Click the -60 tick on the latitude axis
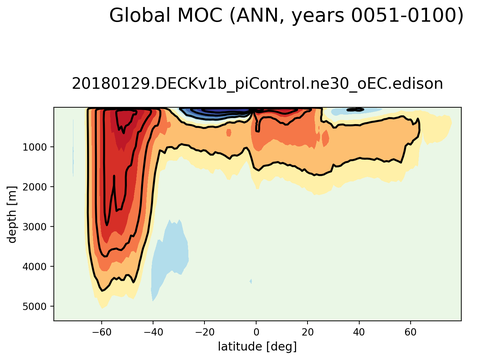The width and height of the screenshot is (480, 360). pyautogui.click(x=100, y=331)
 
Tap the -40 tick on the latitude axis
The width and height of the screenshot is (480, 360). pyautogui.click(x=152, y=331)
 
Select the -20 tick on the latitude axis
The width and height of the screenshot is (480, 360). pyautogui.click(x=204, y=331)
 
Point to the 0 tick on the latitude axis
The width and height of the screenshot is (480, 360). pyautogui.click(x=256, y=331)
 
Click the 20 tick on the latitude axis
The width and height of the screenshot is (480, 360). pyautogui.click(x=308, y=331)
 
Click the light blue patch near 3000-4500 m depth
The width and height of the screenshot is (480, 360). pyautogui.click(x=170, y=255)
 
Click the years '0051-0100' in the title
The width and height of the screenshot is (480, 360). pyautogui.click(x=404, y=16)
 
